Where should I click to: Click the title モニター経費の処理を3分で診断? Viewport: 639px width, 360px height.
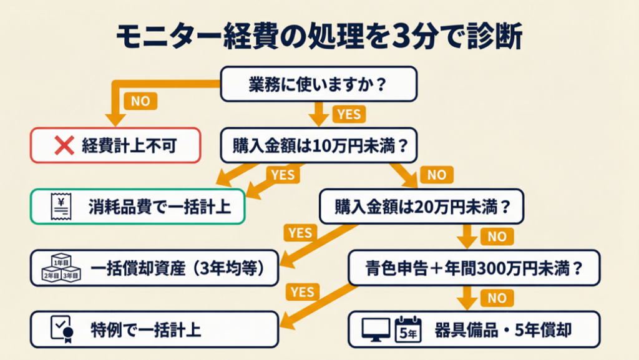(x=319, y=37)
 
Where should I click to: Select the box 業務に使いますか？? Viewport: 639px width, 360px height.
(x=318, y=84)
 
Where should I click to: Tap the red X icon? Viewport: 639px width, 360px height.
(x=64, y=146)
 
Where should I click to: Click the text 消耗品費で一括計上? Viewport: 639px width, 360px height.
(x=159, y=207)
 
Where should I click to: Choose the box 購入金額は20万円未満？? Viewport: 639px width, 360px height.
(x=422, y=207)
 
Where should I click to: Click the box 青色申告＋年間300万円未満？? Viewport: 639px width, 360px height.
(x=474, y=268)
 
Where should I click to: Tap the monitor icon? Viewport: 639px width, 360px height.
(x=376, y=329)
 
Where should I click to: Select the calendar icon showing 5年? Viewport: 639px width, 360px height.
(x=409, y=329)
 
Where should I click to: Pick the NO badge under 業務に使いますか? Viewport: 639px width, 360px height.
(x=140, y=101)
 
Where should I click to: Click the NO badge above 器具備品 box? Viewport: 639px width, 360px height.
(x=497, y=298)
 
